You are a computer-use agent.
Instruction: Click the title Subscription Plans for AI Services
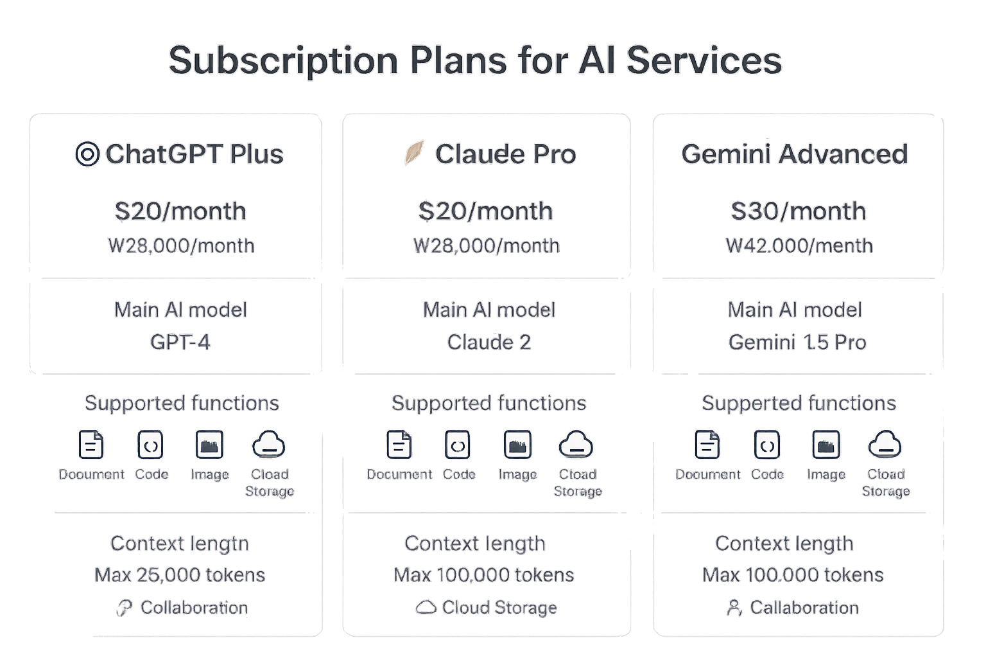pyautogui.click(x=475, y=61)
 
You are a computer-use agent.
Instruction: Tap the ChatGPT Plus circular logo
pyautogui.click(x=87, y=155)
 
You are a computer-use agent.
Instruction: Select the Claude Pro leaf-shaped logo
pyautogui.click(x=413, y=153)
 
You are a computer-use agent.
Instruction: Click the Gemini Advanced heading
pyautogui.click(x=795, y=154)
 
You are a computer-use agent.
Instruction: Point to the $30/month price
pyautogui.click(x=798, y=211)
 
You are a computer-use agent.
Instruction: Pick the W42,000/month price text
pyautogui.click(x=799, y=246)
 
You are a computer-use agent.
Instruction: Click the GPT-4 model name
pyautogui.click(x=180, y=342)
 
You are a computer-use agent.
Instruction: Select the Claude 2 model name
pyautogui.click(x=489, y=342)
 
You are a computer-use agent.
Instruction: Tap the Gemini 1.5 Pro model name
pyautogui.click(x=797, y=342)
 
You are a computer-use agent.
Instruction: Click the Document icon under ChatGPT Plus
pyautogui.click(x=91, y=445)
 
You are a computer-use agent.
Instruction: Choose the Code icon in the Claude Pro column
pyautogui.click(x=458, y=445)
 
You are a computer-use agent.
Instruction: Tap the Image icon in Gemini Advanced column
pyautogui.click(x=826, y=445)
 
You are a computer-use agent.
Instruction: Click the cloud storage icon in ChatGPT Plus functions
pyautogui.click(x=268, y=445)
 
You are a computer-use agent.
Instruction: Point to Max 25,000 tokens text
pyautogui.click(x=180, y=574)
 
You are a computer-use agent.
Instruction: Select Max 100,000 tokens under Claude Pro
pyautogui.click(x=484, y=574)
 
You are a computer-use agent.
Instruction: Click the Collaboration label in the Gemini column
pyautogui.click(x=804, y=607)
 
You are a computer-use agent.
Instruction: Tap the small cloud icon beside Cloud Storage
pyautogui.click(x=426, y=607)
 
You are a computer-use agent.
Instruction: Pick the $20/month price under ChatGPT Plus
pyautogui.click(x=180, y=211)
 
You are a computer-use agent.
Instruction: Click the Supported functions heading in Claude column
pyautogui.click(x=489, y=403)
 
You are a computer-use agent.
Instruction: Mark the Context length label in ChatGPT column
pyautogui.click(x=180, y=544)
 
